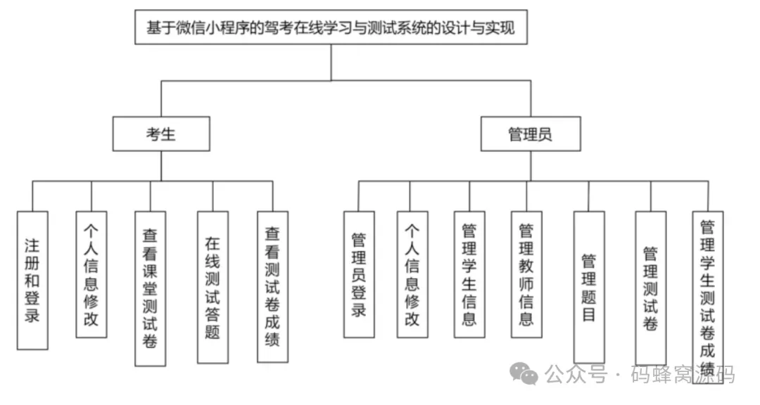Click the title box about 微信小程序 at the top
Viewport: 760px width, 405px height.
coord(331,29)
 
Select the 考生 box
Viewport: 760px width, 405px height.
coord(161,134)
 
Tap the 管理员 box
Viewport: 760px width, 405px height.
coord(531,134)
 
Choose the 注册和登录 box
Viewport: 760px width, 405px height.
coord(32,280)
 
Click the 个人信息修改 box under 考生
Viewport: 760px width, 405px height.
coord(91,274)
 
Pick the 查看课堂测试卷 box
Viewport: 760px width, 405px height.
coord(150,288)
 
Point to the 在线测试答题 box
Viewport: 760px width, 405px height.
coord(213,287)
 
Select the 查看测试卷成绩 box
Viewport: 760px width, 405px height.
coord(272,286)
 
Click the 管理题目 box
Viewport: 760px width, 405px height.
coord(589,287)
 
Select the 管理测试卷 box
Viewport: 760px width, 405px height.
coord(650,287)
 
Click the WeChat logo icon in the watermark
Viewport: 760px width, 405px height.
coord(524,373)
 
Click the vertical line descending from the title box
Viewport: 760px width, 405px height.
coord(331,63)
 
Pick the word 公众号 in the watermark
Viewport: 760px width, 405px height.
coord(576,374)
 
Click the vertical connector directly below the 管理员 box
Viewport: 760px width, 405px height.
coord(531,166)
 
